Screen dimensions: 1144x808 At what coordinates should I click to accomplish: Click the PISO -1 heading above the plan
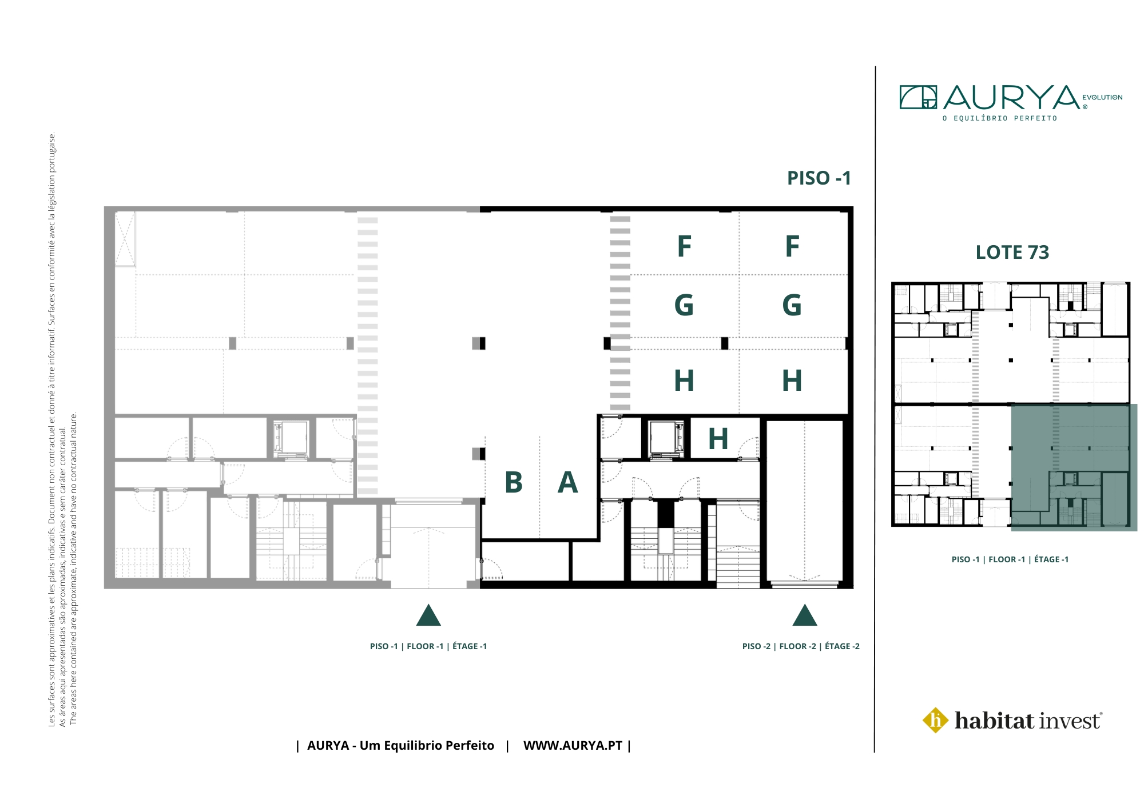click(819, 178)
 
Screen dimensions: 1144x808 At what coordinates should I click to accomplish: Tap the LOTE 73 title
click(1012, 253)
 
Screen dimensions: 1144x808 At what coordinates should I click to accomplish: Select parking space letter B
click(514, 482)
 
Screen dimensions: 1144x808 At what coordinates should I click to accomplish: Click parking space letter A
click(567, 482)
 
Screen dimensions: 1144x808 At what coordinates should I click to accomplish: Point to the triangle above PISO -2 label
click(805, 615)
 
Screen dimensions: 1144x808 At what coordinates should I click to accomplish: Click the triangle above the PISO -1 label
click(428, 615)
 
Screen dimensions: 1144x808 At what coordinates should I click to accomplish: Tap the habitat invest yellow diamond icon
click(936, 720)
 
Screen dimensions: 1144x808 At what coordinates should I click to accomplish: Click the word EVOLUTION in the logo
click(1102, 98)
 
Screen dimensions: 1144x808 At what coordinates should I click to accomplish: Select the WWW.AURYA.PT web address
click(573, 746)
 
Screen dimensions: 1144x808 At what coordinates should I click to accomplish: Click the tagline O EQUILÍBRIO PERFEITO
click(1000, 118)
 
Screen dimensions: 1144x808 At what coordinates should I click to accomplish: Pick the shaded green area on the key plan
click(1074, 467)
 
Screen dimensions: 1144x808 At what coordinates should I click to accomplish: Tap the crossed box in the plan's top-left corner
click(125, 239)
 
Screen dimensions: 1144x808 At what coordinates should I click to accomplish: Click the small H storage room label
click(718, 439)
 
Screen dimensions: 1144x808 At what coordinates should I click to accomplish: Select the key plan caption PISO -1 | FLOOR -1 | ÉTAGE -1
click(1010, 559)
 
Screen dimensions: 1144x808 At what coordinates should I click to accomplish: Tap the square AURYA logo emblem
click(918, 97)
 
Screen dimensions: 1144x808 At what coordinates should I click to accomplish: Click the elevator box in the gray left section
click(291, 438)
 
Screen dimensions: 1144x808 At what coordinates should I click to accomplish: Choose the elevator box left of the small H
click(666, 439)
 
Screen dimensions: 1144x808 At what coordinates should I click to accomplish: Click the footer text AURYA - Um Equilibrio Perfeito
click(400, 746)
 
